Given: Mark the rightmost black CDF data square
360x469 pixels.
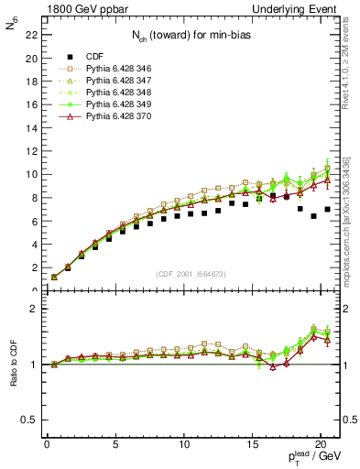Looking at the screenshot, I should click(328, 209).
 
